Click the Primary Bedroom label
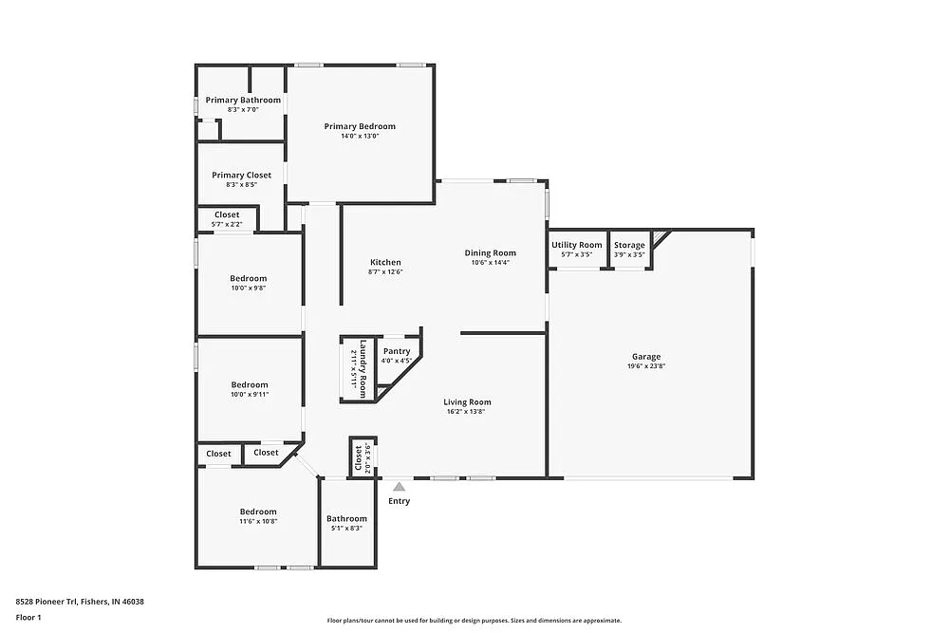[360, 126]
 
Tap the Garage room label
[646, 357]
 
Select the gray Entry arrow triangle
[400, 487]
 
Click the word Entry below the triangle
[400, 501]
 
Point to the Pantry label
[397, 351]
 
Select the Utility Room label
[577, 245]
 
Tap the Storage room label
[629, 245]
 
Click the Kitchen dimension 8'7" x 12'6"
[385, 272]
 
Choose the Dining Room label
[491, 252]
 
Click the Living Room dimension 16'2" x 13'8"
[468, 412]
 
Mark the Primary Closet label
[241, 175]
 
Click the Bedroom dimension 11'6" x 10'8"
[258, 521]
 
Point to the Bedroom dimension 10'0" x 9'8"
[250, 288]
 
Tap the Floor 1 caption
[28, 617]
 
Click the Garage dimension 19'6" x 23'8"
[646, 366]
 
